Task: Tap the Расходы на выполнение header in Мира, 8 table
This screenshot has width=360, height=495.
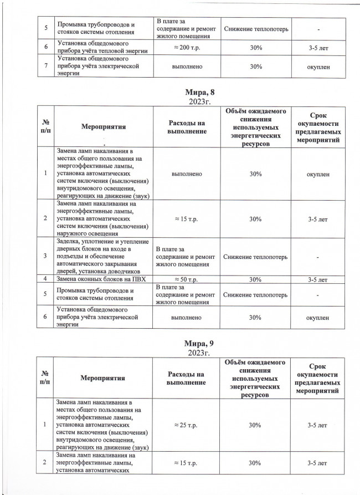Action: click(x=186, y=127)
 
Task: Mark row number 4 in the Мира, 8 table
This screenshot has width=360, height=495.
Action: click(x=46, y=279)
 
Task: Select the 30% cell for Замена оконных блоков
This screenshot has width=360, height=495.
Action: click(x=255, y=279)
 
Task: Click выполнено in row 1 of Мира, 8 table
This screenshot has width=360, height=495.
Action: click(x=187, y=174)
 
